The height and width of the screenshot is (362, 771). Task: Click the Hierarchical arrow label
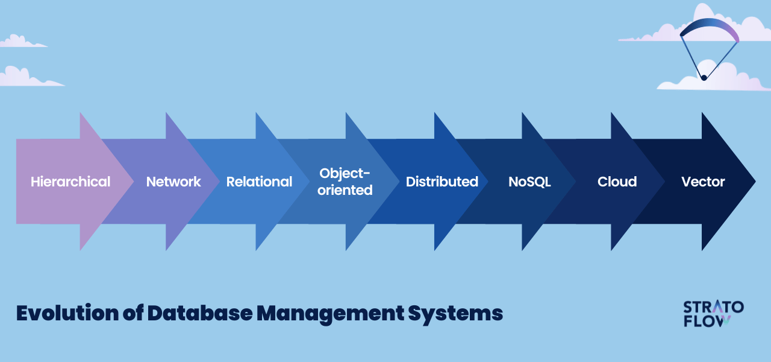(x=70, y=182)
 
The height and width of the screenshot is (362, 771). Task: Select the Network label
(x=173, y=182)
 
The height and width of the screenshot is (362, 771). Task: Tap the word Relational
(x=259, y=182)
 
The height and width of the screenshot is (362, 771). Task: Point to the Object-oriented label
(x=345, y=182)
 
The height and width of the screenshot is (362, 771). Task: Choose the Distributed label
(x=442, y=182)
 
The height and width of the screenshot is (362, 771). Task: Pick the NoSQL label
(x=529, y=182)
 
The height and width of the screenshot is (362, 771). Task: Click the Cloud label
(x=617, y=182)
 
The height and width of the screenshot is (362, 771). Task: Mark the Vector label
(x=703, y=182)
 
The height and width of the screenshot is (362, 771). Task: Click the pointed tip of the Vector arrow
(x=754, y=181)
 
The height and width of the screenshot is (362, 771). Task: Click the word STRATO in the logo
(x=713, y=307)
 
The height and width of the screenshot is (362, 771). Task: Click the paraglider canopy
(x=709, y=28)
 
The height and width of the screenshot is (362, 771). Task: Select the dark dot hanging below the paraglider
(x=704, y=78)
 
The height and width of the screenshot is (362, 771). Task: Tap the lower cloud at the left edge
(x=24, y=77)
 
